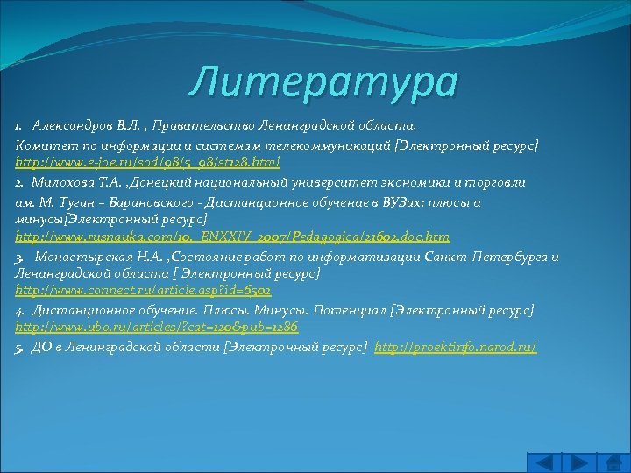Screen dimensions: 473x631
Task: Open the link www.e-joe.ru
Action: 147,164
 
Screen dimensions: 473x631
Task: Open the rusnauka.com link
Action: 232,236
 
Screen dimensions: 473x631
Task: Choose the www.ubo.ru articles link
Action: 157,327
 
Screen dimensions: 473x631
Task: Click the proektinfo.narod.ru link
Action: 455,346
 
